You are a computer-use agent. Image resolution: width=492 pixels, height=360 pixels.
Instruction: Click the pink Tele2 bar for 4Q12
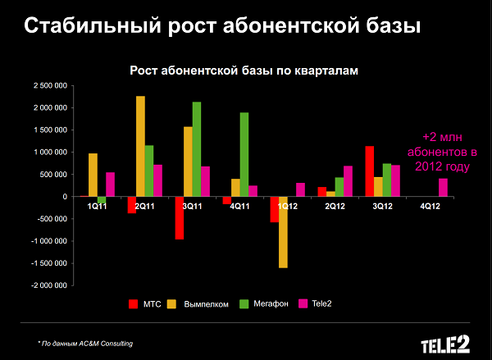(x=444, y=188)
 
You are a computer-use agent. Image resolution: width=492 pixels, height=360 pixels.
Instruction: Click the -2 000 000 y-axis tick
(x=49, y=285)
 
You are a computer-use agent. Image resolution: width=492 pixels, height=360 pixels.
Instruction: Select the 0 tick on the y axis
(x=63, y=197)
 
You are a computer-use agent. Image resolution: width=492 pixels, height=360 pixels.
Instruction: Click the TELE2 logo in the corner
(x=446, y=342)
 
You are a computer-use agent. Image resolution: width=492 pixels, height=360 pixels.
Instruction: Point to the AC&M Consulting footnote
(x=85, y=342)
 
